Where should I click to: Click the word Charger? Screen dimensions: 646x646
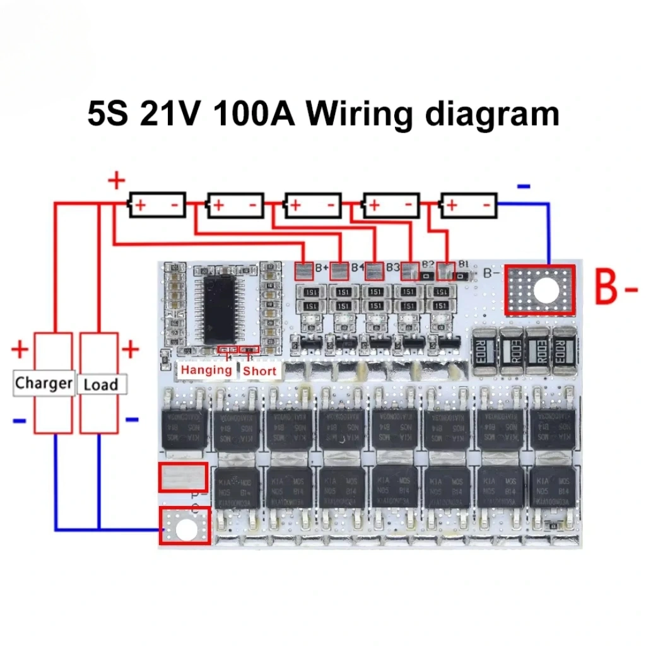tap(44, 382)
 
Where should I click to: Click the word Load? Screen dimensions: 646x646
tap(100, 384)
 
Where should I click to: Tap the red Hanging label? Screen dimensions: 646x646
tap(205, 370)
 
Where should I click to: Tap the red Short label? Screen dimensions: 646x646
tap(259, 370)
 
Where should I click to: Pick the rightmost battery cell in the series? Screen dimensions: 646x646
tap(468, 205)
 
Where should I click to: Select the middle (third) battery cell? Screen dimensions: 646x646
tap(312, 205)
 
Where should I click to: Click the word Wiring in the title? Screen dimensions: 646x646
tap(360, 115)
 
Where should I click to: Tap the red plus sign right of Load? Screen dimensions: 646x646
tap(130, 348)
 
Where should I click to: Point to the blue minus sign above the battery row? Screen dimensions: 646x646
tap(524, 186)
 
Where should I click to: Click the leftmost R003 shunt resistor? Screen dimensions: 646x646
tap(485, 348)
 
